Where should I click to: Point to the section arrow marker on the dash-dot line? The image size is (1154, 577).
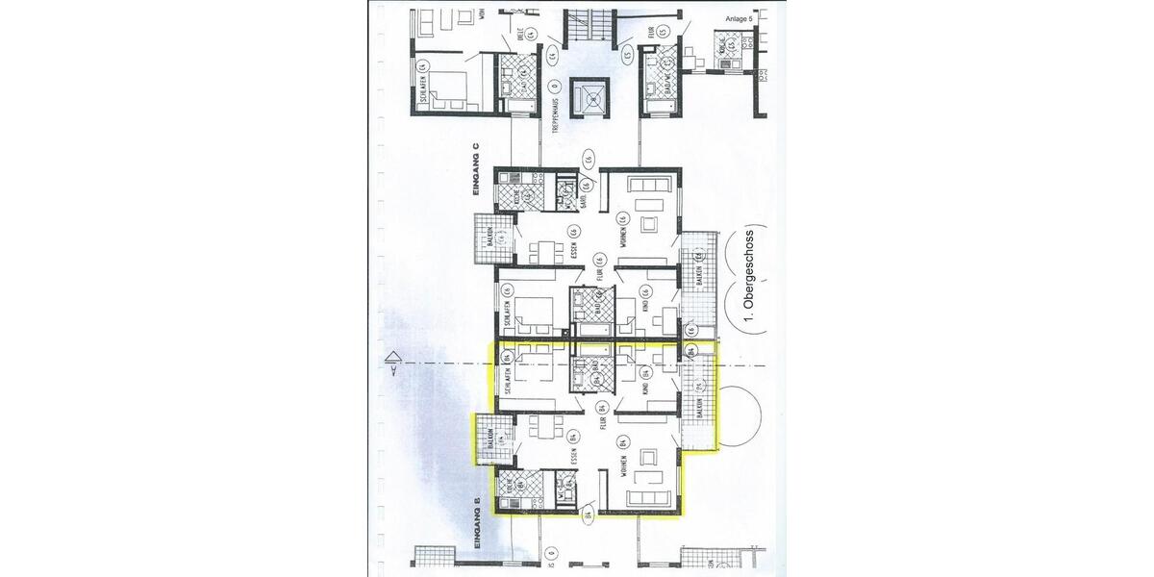click(392, 362)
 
